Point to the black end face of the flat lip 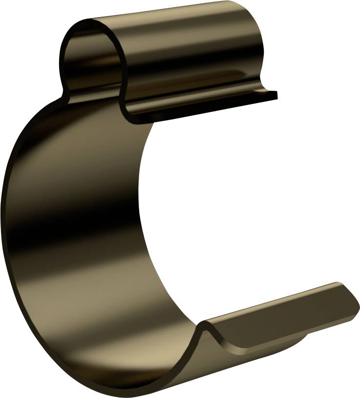274,95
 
